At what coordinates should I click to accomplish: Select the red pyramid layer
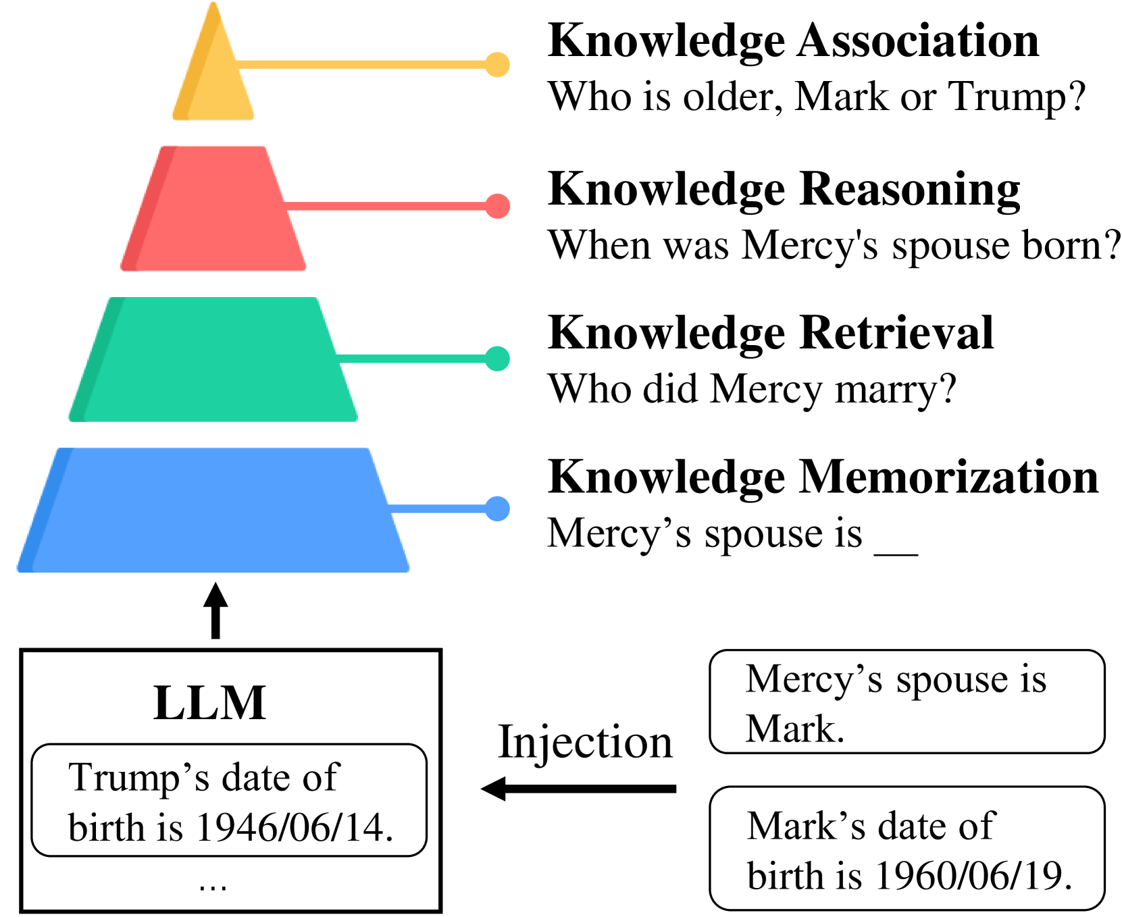(x=213, y=209)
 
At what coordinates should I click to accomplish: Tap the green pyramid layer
(x=213, y=360)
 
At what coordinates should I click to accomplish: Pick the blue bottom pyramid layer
(x=213, y=510)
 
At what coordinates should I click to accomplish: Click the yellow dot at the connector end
(x=497, y=65)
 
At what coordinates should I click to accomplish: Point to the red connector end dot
(x=497, y=206)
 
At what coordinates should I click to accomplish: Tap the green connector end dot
(x=497, y=359)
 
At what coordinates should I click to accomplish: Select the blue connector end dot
(x=497, y=508)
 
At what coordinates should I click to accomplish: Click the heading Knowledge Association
(x=793, y=41)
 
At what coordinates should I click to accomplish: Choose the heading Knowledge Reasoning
(x=784, y=189)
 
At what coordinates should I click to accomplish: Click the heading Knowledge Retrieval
(x=770, y=333)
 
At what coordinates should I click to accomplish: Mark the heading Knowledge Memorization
(x=823, y=477)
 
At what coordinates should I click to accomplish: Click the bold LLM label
(x=209, y=703)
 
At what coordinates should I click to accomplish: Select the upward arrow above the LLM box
(x=215, y=610)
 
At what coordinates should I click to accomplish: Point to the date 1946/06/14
(x=294, y=828)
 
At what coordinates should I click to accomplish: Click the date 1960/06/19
(x=973, y=876)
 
